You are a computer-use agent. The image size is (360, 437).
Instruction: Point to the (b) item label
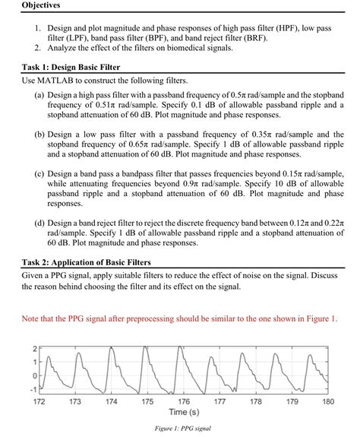(x=39, y=132)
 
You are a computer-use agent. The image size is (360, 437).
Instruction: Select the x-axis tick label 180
(x=327, y=401)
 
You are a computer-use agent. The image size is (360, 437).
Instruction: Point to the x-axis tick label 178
(x=256, y=401)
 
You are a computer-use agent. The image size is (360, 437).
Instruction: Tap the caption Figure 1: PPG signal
(x=184, y=429)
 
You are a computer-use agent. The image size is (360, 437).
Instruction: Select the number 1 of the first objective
(x=38, y=27)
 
